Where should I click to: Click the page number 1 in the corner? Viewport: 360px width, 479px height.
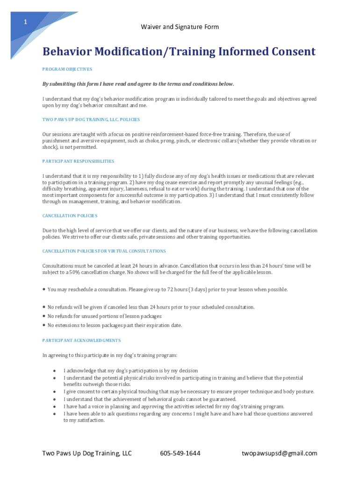pos(26,22)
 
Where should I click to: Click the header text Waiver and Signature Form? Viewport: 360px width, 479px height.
pos(180,27)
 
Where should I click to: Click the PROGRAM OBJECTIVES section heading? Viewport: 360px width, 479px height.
pos(67,69)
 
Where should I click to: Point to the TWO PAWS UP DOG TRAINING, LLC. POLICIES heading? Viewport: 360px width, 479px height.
pos(91,120)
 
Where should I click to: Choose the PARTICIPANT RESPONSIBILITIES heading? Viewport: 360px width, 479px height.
pos(78,161)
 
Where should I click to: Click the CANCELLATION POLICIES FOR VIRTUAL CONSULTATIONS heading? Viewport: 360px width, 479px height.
pos(104,251)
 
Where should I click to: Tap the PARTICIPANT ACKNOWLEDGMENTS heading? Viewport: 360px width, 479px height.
pos(81,341)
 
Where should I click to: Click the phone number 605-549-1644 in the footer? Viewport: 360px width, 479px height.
pos(180,453)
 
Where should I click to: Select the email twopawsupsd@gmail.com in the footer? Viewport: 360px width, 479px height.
pos(279,453)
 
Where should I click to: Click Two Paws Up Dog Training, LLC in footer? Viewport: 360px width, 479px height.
pos(87,453)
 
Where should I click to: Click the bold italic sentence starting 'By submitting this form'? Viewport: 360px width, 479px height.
pos(138,84)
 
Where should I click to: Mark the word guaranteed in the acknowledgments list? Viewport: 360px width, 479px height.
pos(222,399)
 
